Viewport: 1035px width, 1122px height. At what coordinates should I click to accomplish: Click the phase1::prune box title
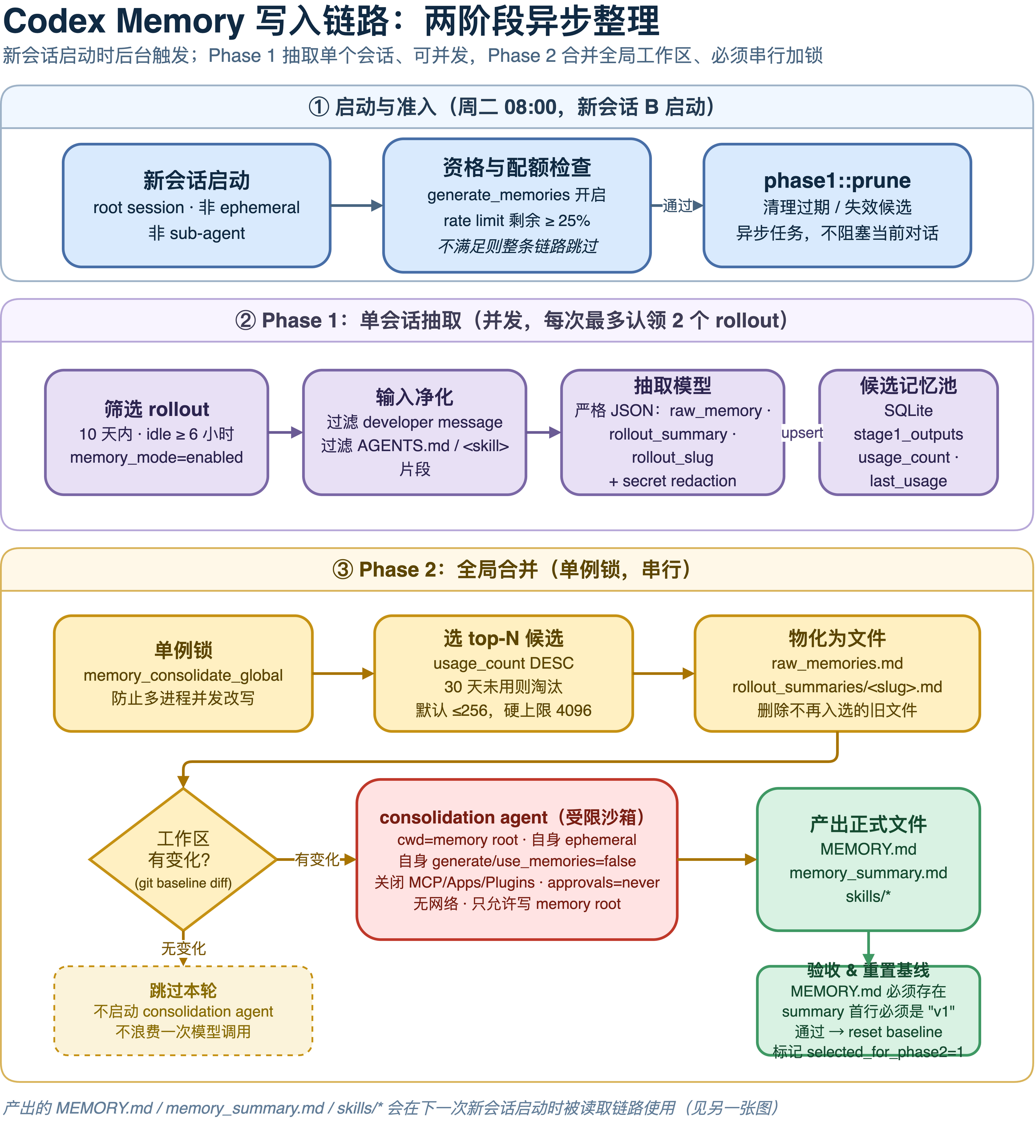point(837,181)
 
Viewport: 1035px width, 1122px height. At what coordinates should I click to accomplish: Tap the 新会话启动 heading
point(197,181)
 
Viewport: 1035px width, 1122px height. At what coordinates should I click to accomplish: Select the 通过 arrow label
point(678,206)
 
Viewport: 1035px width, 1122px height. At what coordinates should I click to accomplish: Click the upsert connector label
point(802,433)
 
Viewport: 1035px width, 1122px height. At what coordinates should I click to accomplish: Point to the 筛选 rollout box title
point(157,409)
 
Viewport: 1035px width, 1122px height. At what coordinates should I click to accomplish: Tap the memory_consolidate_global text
point(183,675)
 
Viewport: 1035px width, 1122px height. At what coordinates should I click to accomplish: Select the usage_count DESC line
point(504,663)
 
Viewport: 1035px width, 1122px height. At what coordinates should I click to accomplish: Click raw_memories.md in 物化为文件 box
point(837,663)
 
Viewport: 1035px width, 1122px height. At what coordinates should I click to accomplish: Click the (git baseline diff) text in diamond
point(183,883)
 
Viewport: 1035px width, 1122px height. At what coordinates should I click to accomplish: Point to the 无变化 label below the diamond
point(183,948)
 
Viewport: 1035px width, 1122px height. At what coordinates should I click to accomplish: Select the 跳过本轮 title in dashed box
point(183,990)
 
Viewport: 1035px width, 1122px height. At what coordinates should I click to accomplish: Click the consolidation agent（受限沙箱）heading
point(516,817)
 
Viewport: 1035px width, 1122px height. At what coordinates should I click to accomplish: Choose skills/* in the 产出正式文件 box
point(868,896)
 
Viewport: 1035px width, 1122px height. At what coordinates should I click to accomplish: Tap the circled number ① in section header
point(319,106)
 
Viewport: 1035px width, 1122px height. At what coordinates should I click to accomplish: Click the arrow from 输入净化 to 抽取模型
point(543,432)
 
